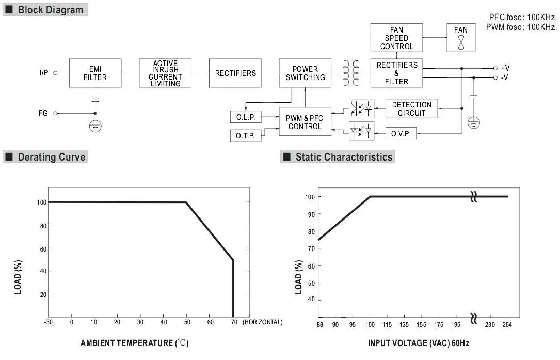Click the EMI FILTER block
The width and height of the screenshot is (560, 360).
click(95, 73)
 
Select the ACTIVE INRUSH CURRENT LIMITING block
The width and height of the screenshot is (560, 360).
click(165, 73)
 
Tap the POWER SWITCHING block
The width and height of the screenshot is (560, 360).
click(305, 73)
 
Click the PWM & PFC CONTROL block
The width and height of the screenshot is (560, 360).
click(305, 122)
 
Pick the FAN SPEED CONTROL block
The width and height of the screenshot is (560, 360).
click(396, 38)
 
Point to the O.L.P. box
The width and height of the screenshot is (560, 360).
click(246, 117)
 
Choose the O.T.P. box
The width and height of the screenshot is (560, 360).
click(246, 135)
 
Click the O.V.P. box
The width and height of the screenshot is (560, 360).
click(401, 133)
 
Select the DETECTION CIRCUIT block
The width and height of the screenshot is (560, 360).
click(411, 108)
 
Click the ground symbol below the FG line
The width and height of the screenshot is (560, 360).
click(95, 126)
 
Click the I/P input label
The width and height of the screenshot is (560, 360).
click(44, 73)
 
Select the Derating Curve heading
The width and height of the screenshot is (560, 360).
click(52, 157)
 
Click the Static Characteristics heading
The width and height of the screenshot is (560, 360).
click(344, 157)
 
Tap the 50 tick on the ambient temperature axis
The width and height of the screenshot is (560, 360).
click(187, 322)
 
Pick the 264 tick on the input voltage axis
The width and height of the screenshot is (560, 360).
click(508, 324)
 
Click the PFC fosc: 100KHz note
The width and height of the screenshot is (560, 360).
click(521, 17)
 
